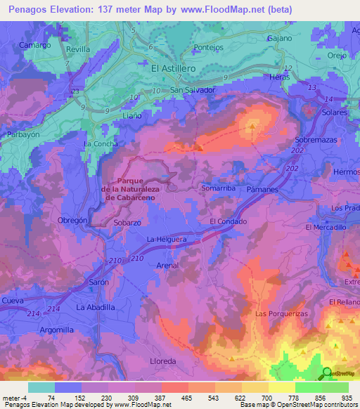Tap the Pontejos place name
click(208, 48)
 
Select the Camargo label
click(35, 45)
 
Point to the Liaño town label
click(132, 114)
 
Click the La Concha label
click(101, 143)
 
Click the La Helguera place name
click(166, 240)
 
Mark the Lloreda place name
click(162, 361)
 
